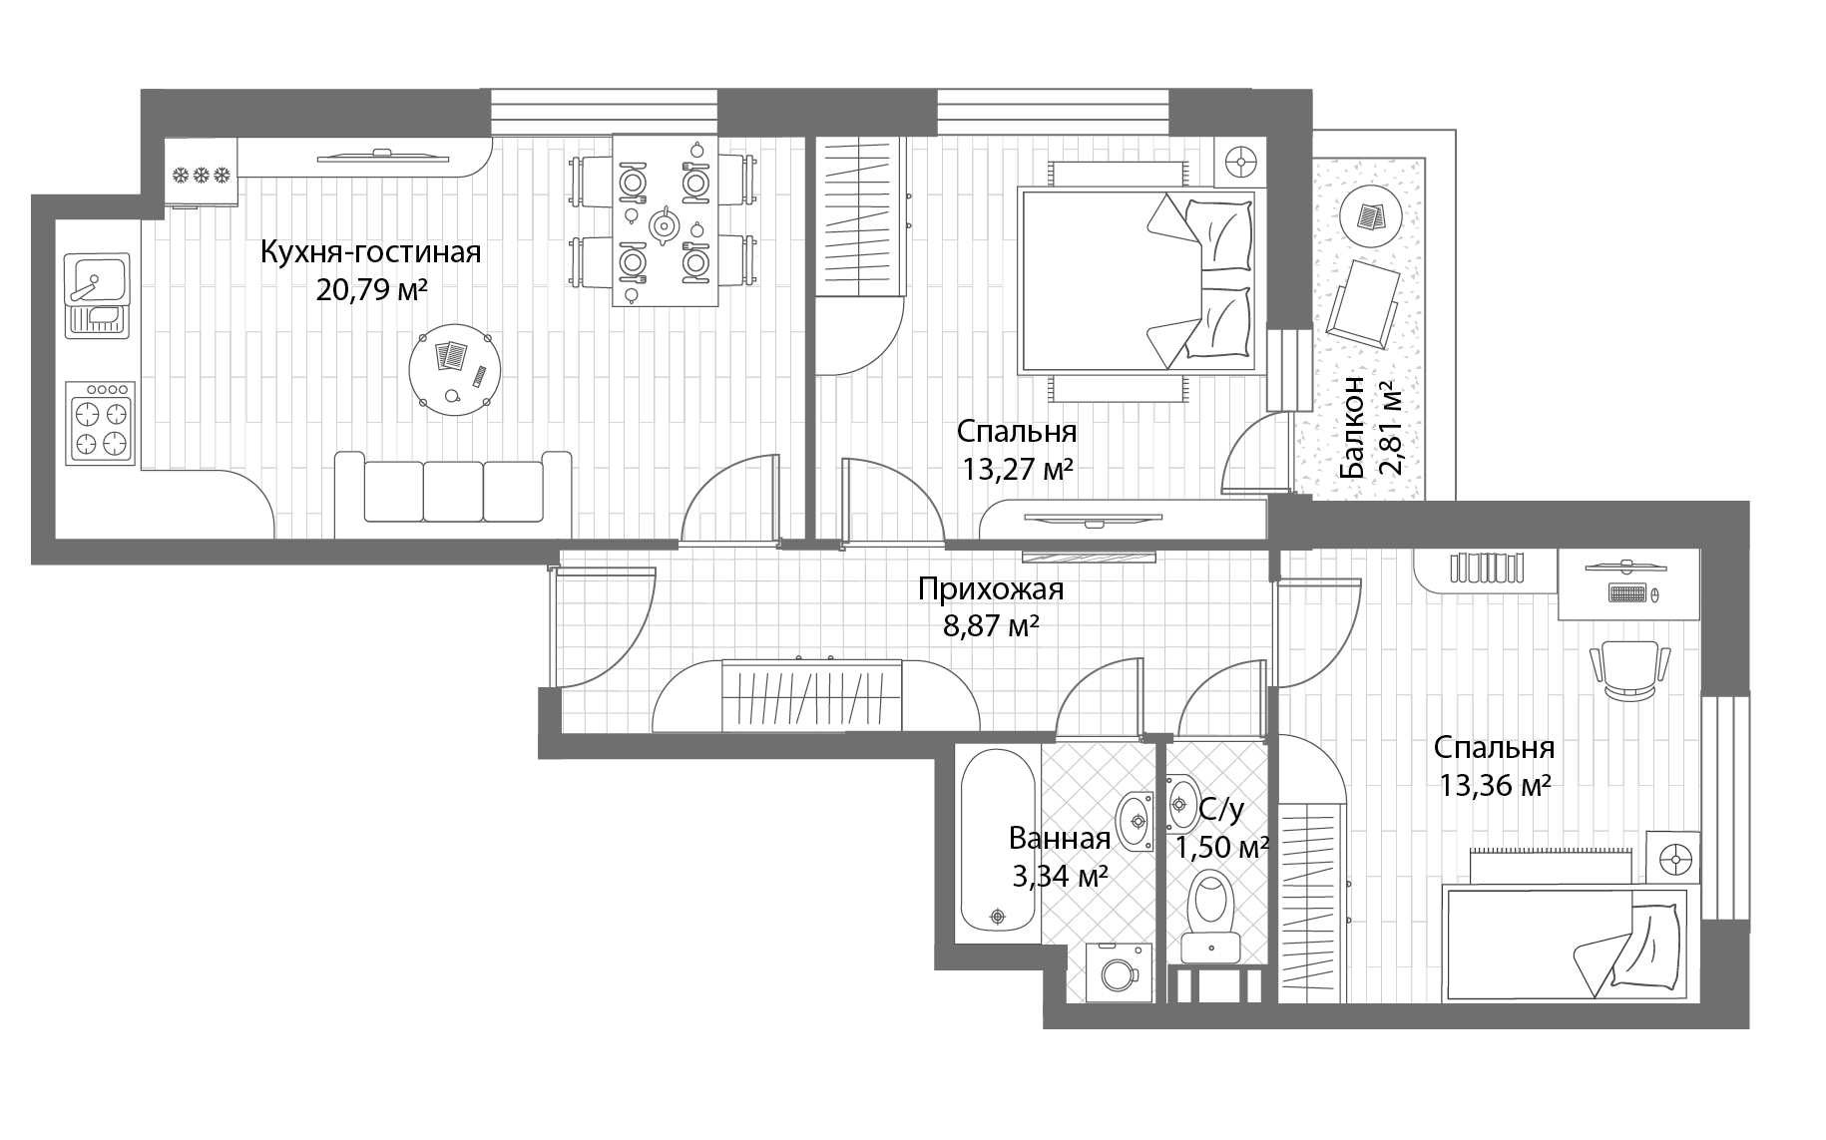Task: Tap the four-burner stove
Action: (100, 423)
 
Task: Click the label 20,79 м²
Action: (371, 290)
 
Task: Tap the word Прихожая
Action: (991, 589)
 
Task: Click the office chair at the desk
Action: (1628, 670)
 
